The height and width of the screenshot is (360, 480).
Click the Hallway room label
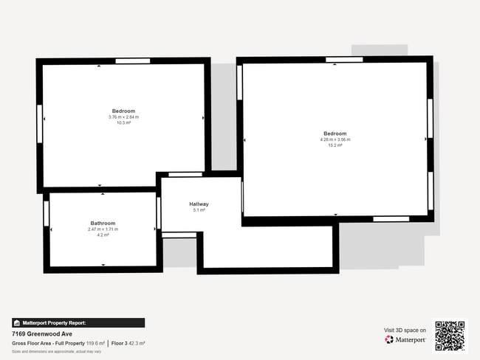click(199, 204)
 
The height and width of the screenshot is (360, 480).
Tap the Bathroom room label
click(103, 223)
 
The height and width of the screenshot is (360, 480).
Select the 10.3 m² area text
click(123, 122)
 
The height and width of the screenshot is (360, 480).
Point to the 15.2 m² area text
click(335, 145)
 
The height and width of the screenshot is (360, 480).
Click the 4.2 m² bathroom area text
click(103, 235)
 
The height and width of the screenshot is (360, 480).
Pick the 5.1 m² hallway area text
click(199, 210)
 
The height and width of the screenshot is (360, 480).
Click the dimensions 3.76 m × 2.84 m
click(123, 117)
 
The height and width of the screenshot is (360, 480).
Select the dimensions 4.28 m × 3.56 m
click(335, 139)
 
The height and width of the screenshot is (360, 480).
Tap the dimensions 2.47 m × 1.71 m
click(103, 229)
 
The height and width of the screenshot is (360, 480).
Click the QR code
click(450, 335)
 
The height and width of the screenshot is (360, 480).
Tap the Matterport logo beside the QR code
click(405, 339)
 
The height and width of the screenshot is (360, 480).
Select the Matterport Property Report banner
click(78, 322)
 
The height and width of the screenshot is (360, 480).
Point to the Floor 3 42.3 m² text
click(128, 343)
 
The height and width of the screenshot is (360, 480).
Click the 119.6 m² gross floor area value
click(95, 343)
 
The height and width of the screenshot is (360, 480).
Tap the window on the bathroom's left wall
click(47, 214)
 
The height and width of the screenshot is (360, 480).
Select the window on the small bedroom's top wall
click(133, 60)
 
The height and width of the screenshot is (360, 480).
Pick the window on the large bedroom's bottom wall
click(391, 219)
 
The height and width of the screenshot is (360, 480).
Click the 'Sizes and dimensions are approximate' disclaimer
click(57, 351)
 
